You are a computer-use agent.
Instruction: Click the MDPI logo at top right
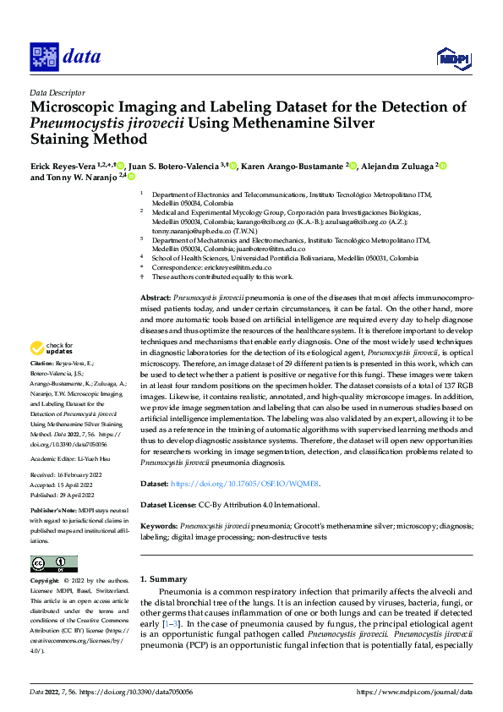tap(453, 58)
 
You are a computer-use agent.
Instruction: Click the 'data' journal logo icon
tap(45, 58)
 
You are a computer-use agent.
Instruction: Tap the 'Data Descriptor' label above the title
tap(57, 92)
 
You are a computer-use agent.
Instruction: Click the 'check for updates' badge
tap(49, 348)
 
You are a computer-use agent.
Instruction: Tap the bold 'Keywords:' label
tap(160, 526)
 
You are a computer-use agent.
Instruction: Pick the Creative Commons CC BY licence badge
tap(54, 564)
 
